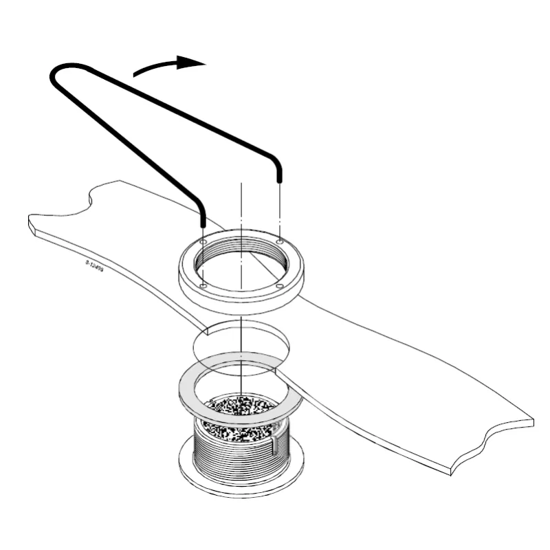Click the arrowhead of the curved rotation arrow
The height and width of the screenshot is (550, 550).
(195, 63)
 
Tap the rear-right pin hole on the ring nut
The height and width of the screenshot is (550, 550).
(279, 242)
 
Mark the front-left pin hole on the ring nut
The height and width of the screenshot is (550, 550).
(203, 285)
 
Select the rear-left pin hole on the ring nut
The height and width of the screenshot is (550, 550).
(203, 242)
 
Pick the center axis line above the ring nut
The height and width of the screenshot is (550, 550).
(241, 206)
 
